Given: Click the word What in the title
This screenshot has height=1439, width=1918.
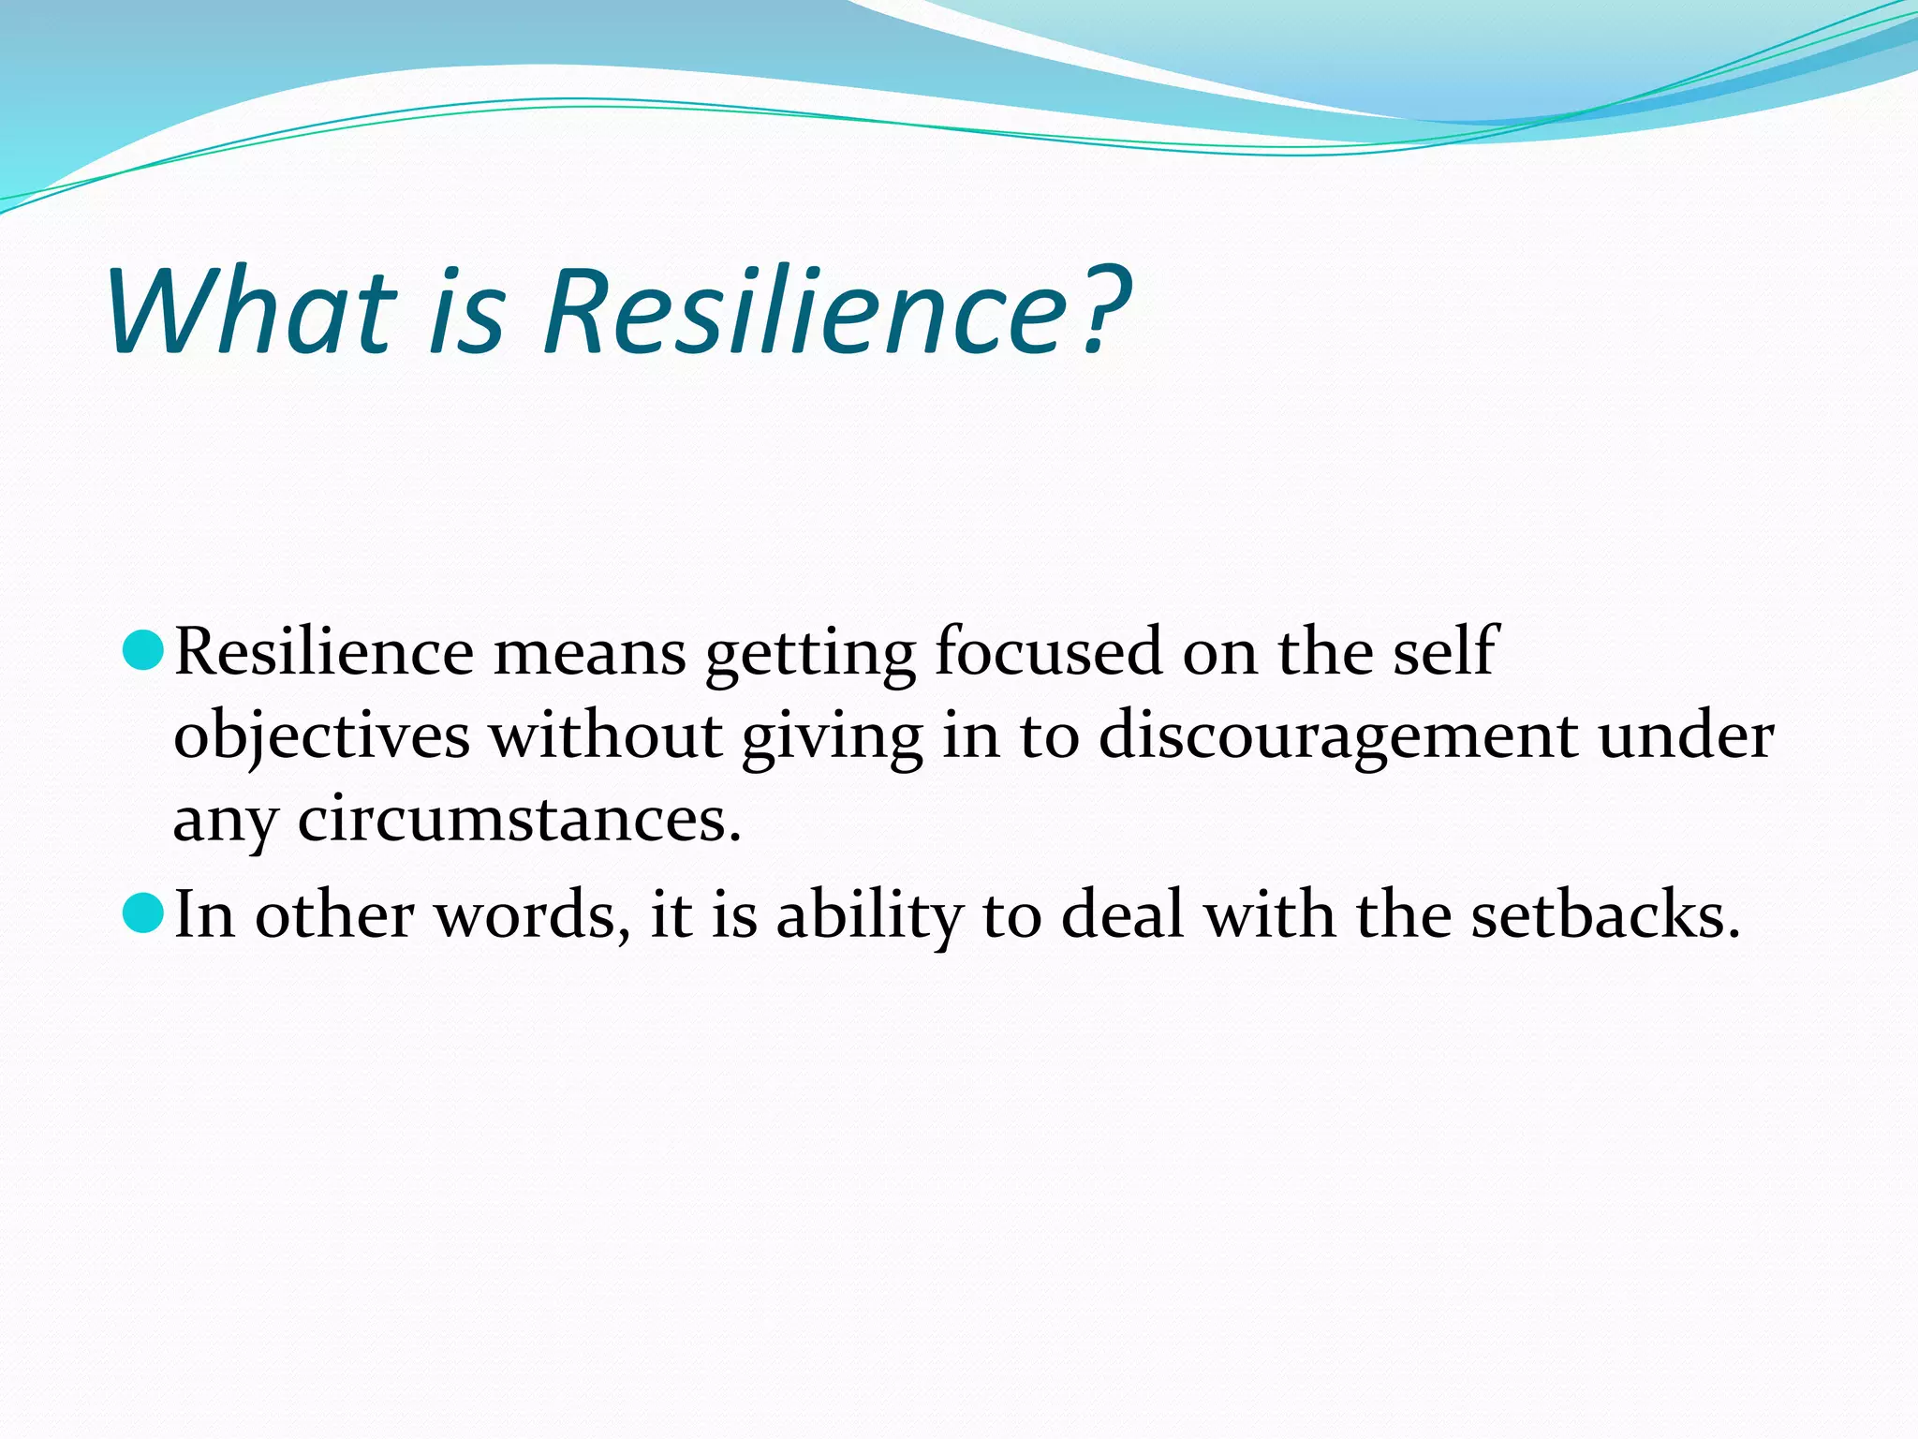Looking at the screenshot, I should point(251,312).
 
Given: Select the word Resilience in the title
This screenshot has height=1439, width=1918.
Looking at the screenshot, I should point(805,312).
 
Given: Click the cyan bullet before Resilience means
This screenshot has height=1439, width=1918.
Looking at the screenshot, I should point(143,650).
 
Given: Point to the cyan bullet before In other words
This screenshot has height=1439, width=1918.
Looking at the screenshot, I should point(143,912).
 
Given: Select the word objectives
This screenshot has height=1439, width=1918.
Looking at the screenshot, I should point(321,736).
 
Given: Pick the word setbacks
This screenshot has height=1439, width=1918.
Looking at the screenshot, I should point(1603,914).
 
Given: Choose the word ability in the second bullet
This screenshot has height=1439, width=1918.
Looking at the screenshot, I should point(869,916).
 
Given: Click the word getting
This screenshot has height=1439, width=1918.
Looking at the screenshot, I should point(810,654).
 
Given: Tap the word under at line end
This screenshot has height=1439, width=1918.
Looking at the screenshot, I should point(1685,736).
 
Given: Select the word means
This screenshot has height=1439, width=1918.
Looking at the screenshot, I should point(590,654).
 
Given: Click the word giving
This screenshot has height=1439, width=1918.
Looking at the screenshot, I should point(832,738).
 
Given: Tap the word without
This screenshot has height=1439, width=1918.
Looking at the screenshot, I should point(606,736).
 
